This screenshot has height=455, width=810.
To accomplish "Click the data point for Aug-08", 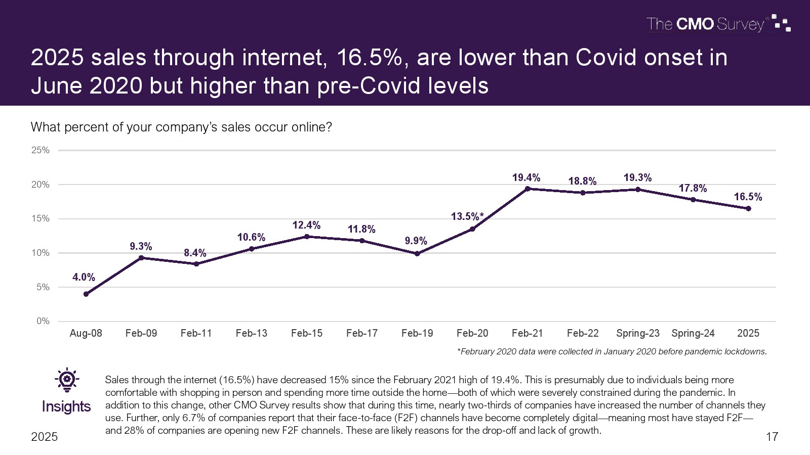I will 86,294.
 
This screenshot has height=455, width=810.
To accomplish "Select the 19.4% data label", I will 526,177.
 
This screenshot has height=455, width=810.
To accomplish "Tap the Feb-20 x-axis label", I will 472,333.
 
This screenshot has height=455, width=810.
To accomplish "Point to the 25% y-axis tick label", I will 40,150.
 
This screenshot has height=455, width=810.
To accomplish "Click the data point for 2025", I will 748,208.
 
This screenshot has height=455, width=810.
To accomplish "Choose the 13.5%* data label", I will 467,216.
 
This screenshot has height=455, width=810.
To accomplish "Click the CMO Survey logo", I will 718,24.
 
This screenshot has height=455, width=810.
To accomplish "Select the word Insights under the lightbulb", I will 66,406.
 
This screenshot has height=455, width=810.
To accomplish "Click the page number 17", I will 772,437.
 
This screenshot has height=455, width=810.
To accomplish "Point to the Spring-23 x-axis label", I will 638,333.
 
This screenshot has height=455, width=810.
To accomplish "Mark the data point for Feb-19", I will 417,254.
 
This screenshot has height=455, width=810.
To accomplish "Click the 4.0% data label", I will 84,277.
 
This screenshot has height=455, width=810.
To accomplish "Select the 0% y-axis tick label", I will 43,321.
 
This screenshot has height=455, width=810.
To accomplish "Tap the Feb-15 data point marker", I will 307,237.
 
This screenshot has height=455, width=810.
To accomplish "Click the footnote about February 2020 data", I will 612,351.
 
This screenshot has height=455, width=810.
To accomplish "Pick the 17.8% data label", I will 693,188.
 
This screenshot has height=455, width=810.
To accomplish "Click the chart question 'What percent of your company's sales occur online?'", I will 181,127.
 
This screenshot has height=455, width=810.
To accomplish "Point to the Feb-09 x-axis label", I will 141,333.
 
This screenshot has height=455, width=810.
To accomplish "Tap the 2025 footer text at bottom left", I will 45,437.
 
